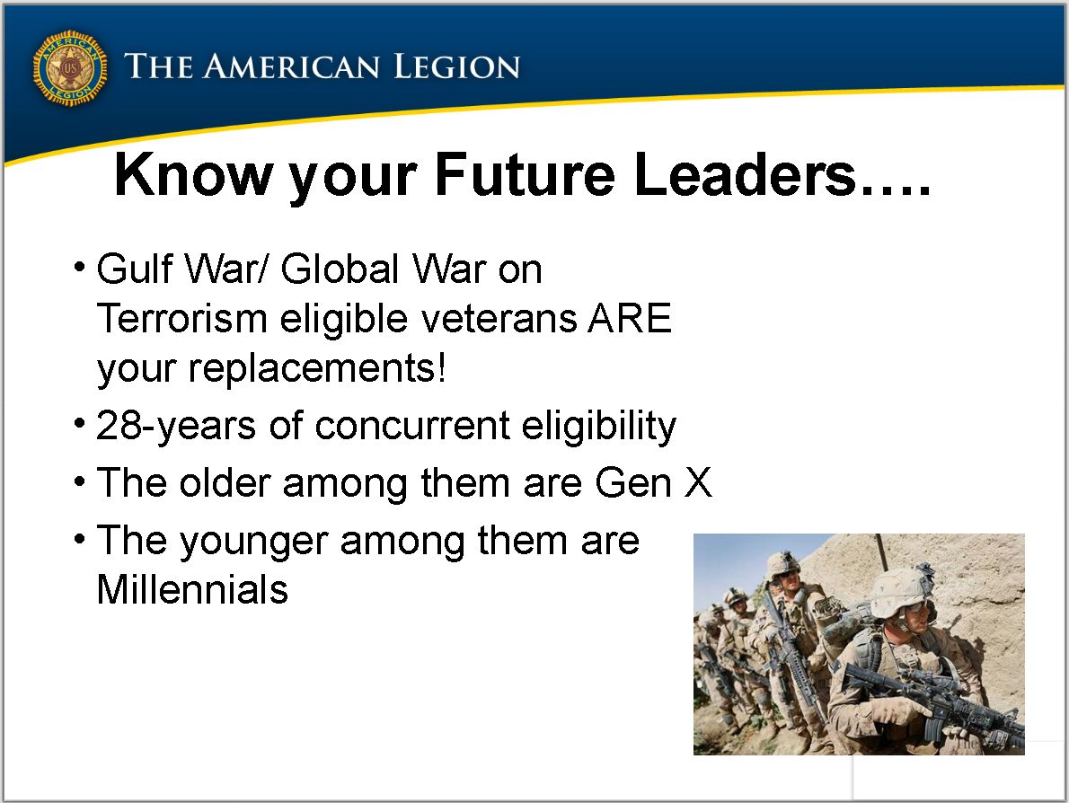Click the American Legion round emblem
pyautogui.click(x=70, y=68)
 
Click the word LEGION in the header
pyautogui.click(x=456, y=66)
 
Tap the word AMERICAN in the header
pyautogui.click(x=292, y=66)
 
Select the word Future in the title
pyautogui.click(x=525, y=174)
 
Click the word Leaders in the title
pyautogui.click(x=744, y=174)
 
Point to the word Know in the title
pyautogui.click(x=193, y=174)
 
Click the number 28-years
pyautogui.click(x=176, y=427)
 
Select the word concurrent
pyautogui.click(x=411, y=426)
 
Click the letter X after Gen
pyautogui.click(x=697, y=482)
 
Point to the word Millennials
pyautogui.click(x=192, y=589)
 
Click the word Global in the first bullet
pyautogui.click(x=340, y=269)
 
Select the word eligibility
pyautogui.click(x=598, y=427)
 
